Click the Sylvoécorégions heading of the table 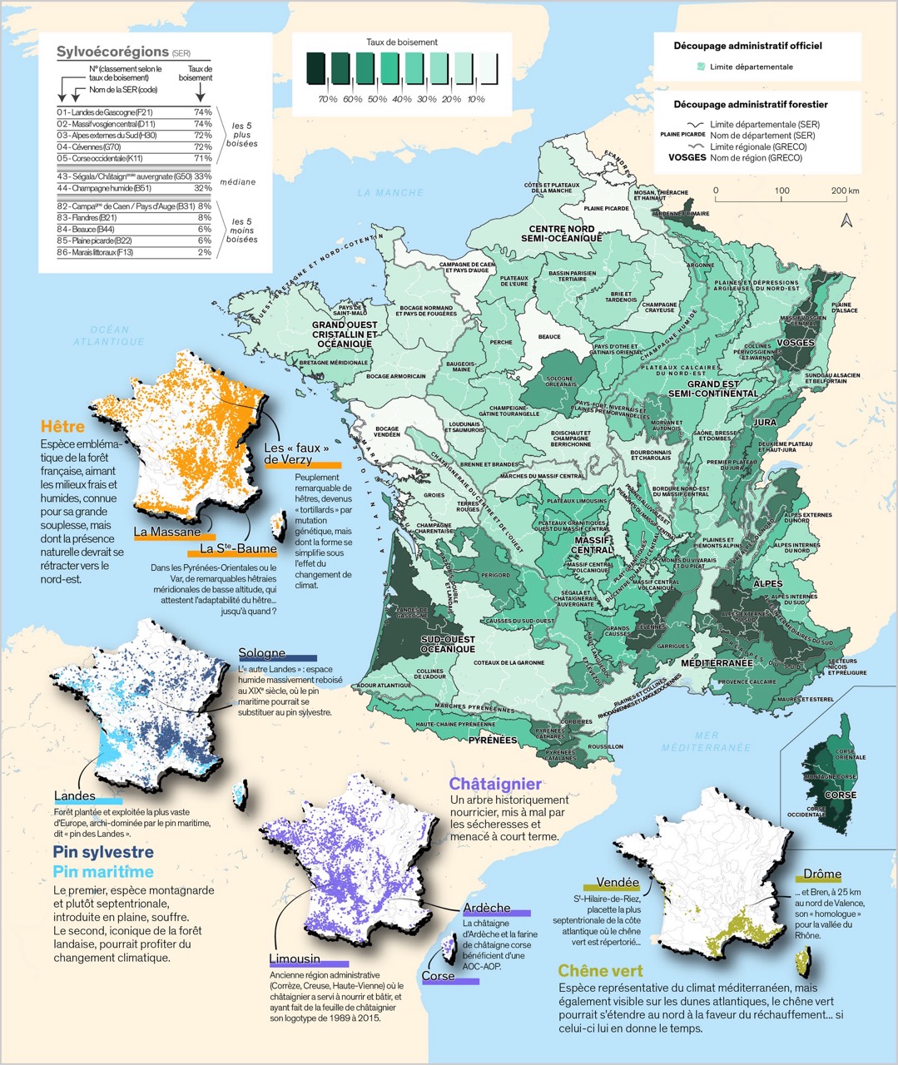[x=112, y=52]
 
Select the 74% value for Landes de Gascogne [x=202, y=111]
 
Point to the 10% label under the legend [x=475, y=99]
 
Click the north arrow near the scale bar [x=846, y=220]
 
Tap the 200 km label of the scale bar [x=845, y=191]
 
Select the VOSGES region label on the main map [x=795, y=343]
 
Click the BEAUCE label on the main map [x=549, y=337]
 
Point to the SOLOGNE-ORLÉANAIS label [x=560, y=382]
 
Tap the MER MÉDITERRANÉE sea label [x=707, y=741]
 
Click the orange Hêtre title [x=62, y=427]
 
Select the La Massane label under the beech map [x=166, y=532]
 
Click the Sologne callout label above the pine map [x=261, y=653]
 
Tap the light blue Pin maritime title [x=103, y=872]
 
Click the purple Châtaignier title [x=495, y=784]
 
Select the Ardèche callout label [x=487, y=907]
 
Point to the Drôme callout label [x=821, y=874]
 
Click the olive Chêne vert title [x=600, y=971]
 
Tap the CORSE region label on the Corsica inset [x=840, y=795]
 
